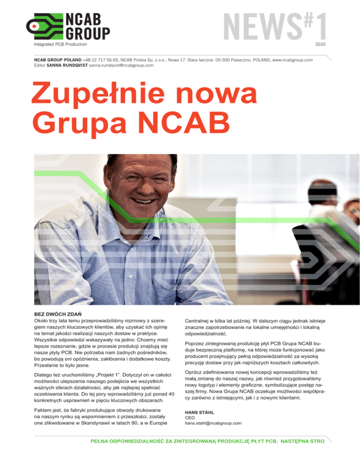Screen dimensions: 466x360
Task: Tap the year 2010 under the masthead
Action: click(321, 44)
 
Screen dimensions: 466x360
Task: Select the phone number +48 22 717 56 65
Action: click(100, 60)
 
